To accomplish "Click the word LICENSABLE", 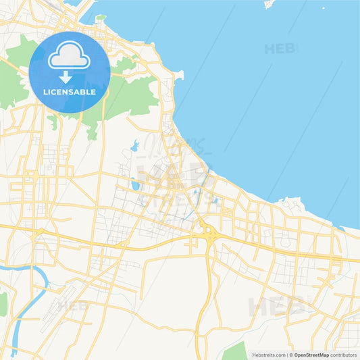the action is tap(69, 92).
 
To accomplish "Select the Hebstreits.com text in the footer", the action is tap(269, 355).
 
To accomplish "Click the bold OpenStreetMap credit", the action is tap(311, 355).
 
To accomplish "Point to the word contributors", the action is tap(343, 355).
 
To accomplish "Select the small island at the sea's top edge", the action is tap(270, 4).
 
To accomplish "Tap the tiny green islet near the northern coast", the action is tap(101, 17).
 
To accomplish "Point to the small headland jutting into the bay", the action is tap(178, 75).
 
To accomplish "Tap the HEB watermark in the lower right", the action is tap(270, 307).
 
